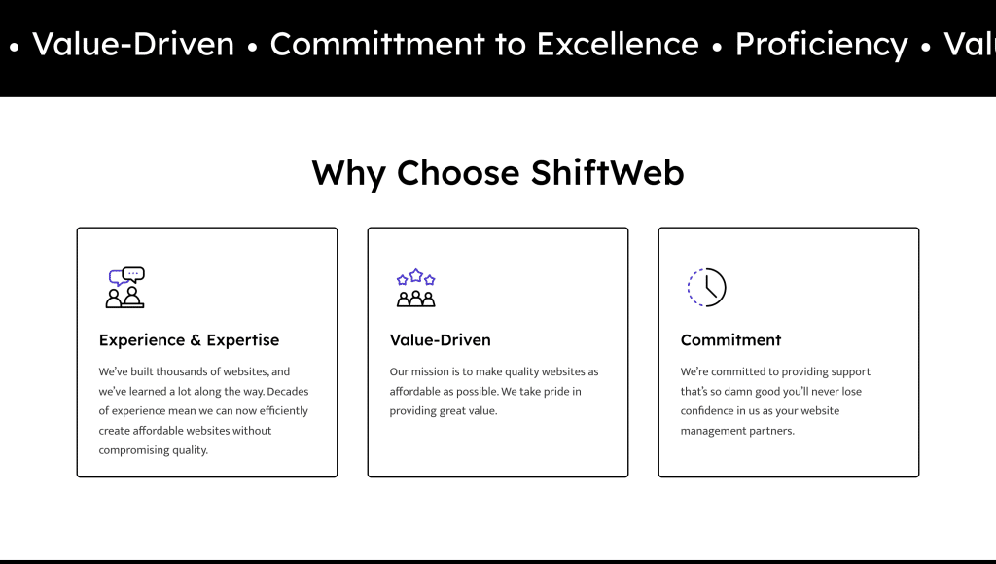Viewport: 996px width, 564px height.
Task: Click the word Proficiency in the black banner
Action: [x=821, y=45]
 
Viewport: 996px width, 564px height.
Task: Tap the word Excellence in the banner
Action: [x=618, y=44]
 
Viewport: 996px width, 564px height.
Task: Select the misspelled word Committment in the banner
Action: [x=378, y=44]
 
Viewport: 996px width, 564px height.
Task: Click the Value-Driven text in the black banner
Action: [x=133, y=44]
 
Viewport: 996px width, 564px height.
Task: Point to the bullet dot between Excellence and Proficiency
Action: [x=717, y=47]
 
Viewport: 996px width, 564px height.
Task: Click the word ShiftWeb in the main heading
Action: [x=607, y=172]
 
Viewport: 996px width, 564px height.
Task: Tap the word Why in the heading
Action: [x=349, y=174]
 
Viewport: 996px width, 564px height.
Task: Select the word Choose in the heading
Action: [x=458, y=173]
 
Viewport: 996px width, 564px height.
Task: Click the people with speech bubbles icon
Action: [x=125, y=288]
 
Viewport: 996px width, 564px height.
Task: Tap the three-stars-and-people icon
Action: [x=416, y=288]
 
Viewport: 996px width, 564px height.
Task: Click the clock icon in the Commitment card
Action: [x=707, y=288]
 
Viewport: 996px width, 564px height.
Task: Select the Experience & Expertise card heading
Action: [x=189, y=340]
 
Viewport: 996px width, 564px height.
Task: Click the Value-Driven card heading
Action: [x=441, y=339]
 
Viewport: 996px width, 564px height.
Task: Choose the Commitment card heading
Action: [x=730, y=339]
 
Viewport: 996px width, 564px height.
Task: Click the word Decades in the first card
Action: [x=288, y=391]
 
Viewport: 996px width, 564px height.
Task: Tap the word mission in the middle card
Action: [x=430, y=371]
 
